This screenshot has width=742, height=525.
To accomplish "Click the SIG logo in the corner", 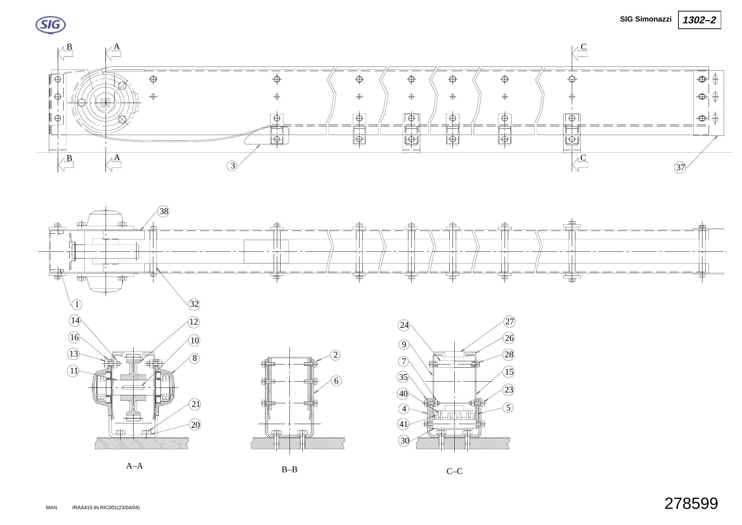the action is point(51,25).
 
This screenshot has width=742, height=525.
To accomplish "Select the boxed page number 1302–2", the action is point(699,20).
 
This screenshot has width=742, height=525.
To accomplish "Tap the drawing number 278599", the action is point(691,503).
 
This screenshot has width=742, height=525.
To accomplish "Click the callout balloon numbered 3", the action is point(233,166).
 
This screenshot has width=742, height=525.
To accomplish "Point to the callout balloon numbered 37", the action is point(680,167).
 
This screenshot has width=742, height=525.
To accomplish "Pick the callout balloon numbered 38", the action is point(164,212).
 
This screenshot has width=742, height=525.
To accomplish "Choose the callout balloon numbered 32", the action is point(194,304).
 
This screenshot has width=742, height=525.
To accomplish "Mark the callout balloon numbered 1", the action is point(76,305).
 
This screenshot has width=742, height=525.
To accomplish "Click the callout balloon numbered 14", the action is point(75,320).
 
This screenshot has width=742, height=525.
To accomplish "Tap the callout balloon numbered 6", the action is point(336,381).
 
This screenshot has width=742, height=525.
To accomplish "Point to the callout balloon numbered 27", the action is point(510,321).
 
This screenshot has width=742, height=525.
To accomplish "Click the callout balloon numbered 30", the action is point(404,441).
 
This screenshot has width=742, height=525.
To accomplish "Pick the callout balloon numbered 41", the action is point(404,424).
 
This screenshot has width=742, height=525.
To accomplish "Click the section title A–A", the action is point(134,466).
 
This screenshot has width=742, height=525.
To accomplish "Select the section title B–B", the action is point(289,469).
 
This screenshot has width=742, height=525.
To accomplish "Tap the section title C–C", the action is point(455,471).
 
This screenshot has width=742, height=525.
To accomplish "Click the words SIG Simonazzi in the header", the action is point(645,19).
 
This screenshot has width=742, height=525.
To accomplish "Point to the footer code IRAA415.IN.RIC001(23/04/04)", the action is point(106,507).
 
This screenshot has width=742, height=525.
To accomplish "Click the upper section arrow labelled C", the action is point(580,54).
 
